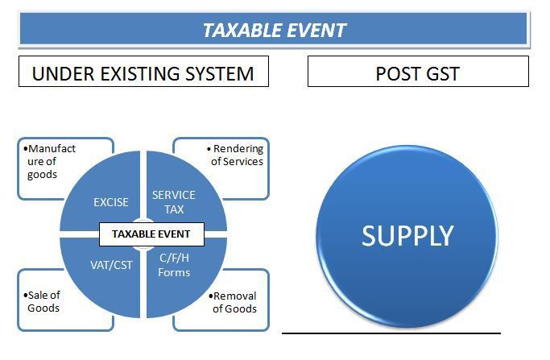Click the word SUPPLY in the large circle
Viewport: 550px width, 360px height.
coord(407,236)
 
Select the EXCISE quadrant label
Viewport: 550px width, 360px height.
coord(111,202)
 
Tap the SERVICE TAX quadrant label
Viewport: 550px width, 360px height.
coord(174,202)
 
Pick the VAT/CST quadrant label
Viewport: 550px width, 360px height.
coord(112,265)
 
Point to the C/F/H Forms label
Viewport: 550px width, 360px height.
coord(174,265)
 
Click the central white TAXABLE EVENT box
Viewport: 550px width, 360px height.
coord(151,234)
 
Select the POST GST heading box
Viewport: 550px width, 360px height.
coord(418,71)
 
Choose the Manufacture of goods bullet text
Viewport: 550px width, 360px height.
coord(49,161)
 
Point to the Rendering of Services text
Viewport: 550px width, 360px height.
coord(235,155)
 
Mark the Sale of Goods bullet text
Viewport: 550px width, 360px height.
coord(42,302)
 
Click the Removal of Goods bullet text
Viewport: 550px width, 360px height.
coord(233,303)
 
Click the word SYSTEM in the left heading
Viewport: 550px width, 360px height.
coord(219,73)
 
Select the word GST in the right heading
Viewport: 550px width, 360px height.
coord(443,73)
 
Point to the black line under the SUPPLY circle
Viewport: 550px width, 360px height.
coord(391,333)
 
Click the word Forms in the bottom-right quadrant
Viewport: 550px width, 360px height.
coord(174,272)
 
